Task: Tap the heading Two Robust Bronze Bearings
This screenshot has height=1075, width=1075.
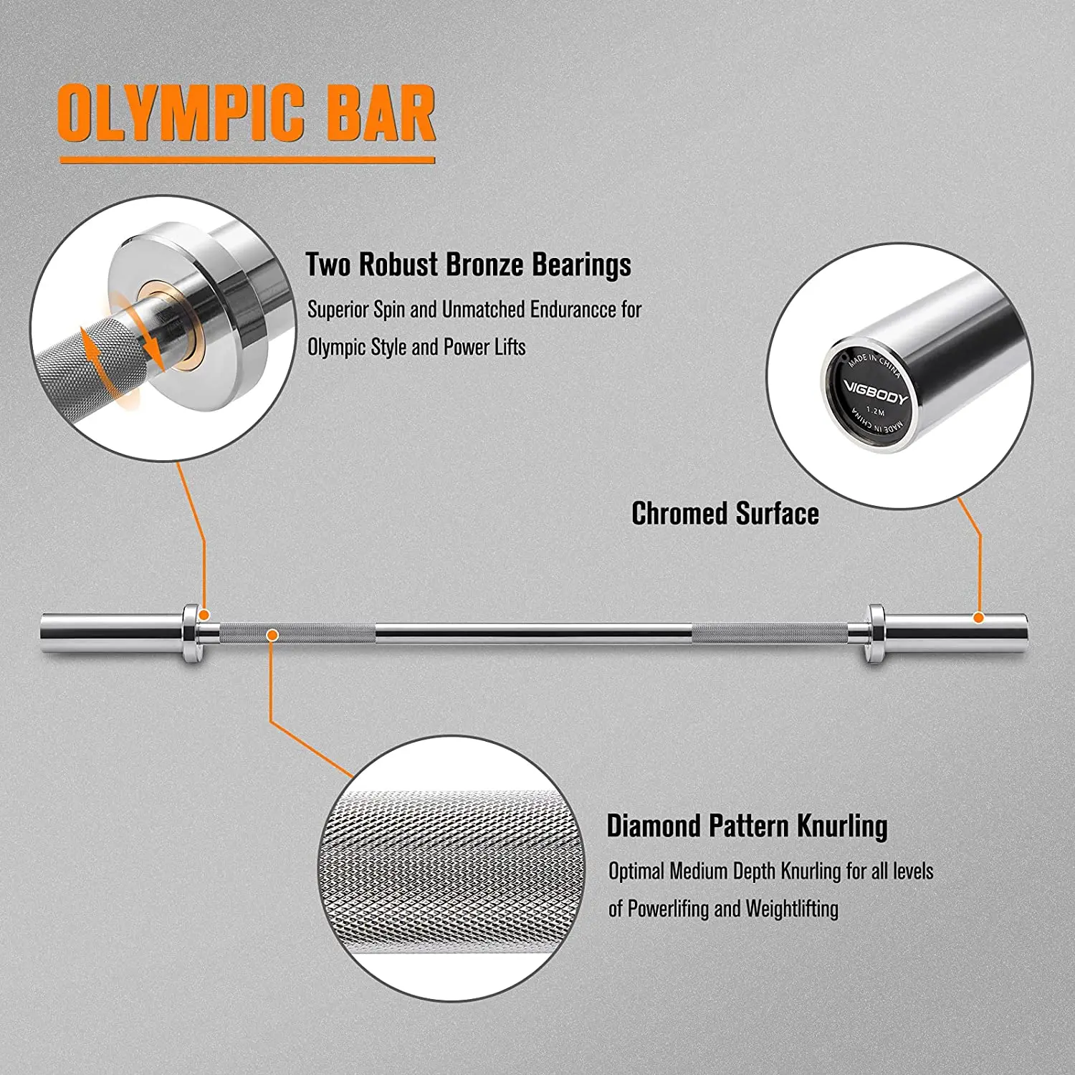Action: [x=468, y=264]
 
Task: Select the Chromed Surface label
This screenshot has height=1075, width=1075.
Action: [x=725, y=514]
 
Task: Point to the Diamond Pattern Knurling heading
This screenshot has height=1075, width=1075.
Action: [x=747, y=826]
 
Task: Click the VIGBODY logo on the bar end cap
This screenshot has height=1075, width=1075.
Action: [x=875, y=393]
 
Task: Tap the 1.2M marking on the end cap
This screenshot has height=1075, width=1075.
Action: [x=875, y=411]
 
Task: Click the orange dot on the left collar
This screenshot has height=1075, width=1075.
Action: [x=204, y=615]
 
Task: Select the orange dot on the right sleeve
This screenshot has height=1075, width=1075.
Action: [x=978, y=617]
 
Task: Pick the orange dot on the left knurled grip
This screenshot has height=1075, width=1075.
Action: [x=272, y=634]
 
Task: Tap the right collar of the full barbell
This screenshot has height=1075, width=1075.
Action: [x=875, y=633]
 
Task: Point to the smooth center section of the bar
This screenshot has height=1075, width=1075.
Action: [x=534, y=633]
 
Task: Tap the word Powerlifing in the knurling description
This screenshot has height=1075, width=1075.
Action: [x=668, y=909]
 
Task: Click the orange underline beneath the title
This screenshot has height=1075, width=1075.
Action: [x=247, y=160]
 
